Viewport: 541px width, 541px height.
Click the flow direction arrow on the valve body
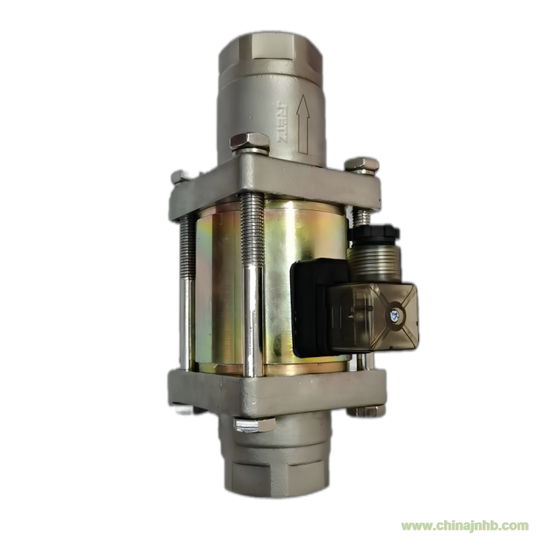303,124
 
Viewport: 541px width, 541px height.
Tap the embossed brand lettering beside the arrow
282,122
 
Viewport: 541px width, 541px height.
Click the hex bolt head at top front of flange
250,143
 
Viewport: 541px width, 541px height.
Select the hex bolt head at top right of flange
362,165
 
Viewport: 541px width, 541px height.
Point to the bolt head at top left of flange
179,178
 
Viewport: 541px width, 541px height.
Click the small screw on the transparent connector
394,314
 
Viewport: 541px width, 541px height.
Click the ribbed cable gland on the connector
375,262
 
